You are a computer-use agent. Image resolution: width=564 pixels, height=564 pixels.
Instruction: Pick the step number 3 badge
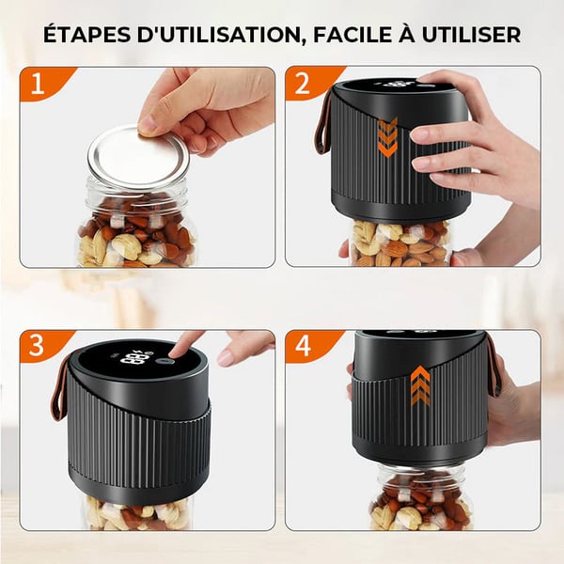click(39, 345)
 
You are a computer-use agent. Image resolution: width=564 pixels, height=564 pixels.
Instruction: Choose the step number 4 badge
click(304, 345)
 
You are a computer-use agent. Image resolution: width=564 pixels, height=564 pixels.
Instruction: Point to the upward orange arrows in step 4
click(420, 385)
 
